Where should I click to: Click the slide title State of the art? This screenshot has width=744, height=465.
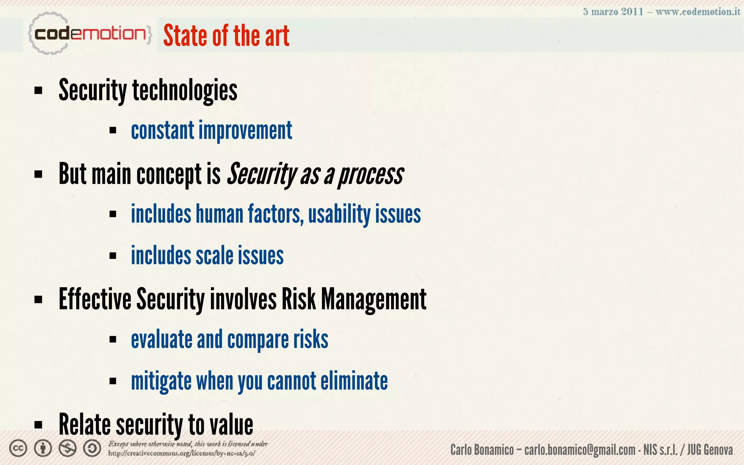click(226, 36)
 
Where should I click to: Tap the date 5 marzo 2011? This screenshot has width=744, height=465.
click(613, 12)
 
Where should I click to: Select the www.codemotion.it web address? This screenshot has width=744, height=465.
click(697, 12)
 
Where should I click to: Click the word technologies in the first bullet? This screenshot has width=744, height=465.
click(185, 90)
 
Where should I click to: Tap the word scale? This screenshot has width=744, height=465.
click(214, 256)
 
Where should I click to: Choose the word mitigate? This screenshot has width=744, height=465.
click(161, 381)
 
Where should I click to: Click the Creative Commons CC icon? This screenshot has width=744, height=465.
click(18, 448)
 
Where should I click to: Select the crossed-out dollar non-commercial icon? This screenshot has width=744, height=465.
click(68, 448)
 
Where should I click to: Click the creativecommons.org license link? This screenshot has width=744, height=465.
click(181, 453)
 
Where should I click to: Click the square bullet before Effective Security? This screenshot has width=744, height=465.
click(38, 300)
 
